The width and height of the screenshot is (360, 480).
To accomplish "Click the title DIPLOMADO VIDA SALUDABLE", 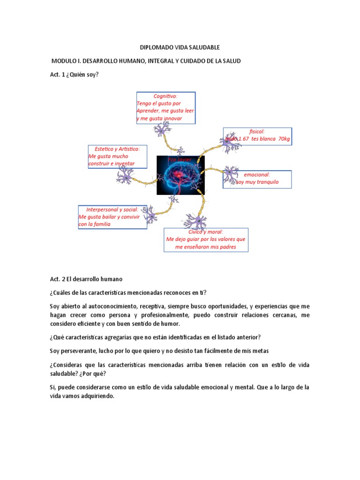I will click(180, 47).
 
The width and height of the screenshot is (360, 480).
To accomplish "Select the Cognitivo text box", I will click(165, 108).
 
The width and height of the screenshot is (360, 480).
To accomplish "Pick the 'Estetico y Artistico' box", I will click(117, 157).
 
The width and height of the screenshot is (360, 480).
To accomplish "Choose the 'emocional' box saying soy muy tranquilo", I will click(257, 179).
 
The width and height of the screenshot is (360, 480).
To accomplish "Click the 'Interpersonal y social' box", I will click(112, 217).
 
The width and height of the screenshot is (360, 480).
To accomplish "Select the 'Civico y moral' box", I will click(206, 240).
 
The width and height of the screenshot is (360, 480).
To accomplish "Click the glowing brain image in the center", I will click(180, 174).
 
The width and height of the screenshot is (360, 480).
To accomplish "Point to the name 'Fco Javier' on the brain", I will click(180, 160).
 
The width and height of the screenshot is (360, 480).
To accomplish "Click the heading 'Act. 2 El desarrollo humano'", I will click(86, 279).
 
